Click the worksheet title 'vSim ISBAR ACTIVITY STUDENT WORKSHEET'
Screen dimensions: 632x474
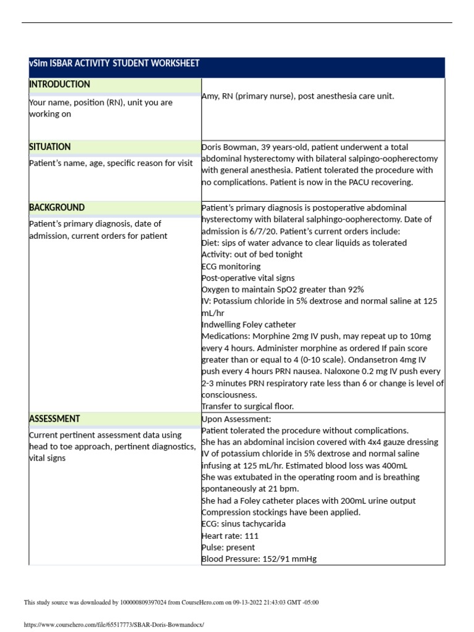[114, 64]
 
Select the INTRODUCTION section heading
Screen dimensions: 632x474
[60, 85]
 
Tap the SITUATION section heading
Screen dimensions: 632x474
[50, 147]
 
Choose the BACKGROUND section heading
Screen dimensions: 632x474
[57, 208]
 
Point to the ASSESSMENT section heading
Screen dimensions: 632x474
[54, 419]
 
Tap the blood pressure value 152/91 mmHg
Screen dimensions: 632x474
[285, 559]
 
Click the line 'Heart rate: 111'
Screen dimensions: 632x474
[230, 536]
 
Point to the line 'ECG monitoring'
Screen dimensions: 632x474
[231, 267]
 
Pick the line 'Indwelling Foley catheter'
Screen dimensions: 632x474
[249, 325]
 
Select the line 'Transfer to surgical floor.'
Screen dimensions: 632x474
[247, 406]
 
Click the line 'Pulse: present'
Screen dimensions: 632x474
[228, 547]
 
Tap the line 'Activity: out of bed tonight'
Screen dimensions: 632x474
[252, 255]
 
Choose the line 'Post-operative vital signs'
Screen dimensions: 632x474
[248, 278]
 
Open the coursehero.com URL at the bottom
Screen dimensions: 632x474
[114, 625]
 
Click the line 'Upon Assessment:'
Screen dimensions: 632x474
[236, 419]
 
